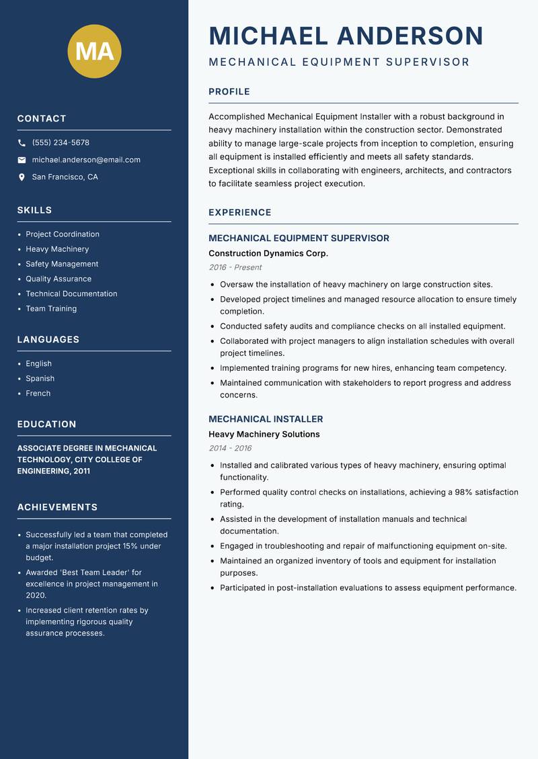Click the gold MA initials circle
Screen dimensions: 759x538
tap(95, 51)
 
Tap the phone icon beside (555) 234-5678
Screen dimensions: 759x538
tap(22, 143)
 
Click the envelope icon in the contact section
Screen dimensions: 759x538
tap(22, 160)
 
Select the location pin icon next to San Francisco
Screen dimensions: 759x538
tap(22, 177)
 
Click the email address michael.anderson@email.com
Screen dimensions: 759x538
tap(86, 160)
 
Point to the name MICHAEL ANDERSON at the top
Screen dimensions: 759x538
tap(346, 36)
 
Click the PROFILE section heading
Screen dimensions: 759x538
tap(229, 92)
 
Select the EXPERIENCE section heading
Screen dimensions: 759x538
tap(240, 213)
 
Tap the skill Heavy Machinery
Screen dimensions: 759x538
tap(57, 249)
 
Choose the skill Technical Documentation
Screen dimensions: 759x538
tap(71, 294)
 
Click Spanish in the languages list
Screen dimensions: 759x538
tap(40, 378)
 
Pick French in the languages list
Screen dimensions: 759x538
tap(38, 393)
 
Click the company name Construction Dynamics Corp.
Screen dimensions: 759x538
tap(268, 253)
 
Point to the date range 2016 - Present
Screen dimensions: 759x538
tap(235, 267)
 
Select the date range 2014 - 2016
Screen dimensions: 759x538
tap(230, 448)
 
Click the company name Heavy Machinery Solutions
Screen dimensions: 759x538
tap(264, 434)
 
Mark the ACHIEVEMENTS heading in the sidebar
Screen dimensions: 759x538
tap(57, 507)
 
